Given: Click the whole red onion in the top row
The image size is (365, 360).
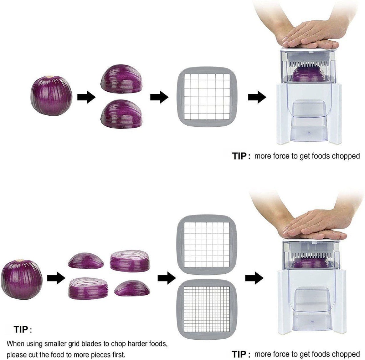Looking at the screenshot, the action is click(x=51, y=96).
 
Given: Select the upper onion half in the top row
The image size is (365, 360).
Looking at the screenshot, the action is click(x=121, y=79).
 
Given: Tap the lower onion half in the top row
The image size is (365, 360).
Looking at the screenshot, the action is click(x=121, y=114).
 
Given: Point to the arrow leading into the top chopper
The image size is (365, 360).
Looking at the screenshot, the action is click(x=257, y=97).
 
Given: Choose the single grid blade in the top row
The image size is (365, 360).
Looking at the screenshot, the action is click(x=207, y=97).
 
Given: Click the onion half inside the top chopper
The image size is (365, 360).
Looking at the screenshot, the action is click(x=309, y=74).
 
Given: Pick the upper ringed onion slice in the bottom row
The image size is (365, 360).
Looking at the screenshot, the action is click(x=130, y=261).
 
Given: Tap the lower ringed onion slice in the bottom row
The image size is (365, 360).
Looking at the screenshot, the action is click(x=88, y=288).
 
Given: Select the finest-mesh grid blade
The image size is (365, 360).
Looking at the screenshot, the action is click(x=207, y=309).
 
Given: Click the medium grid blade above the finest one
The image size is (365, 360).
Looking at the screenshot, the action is click(x=207, y=245).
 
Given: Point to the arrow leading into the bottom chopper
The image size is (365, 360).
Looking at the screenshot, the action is click(x=254, y=278).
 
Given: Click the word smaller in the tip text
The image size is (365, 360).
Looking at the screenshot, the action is click(x=55, y=344).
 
